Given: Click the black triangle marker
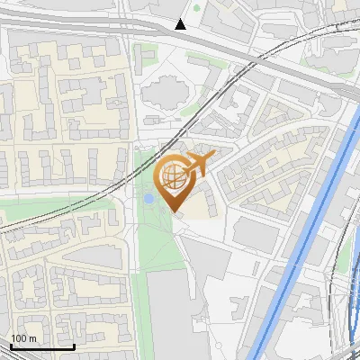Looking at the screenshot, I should point(181,24).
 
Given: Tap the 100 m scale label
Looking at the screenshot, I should point(22,338).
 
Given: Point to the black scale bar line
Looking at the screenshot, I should point(41,346).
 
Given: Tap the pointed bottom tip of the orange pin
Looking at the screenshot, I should point(176,211).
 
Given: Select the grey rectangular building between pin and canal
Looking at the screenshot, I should point(256,233).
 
